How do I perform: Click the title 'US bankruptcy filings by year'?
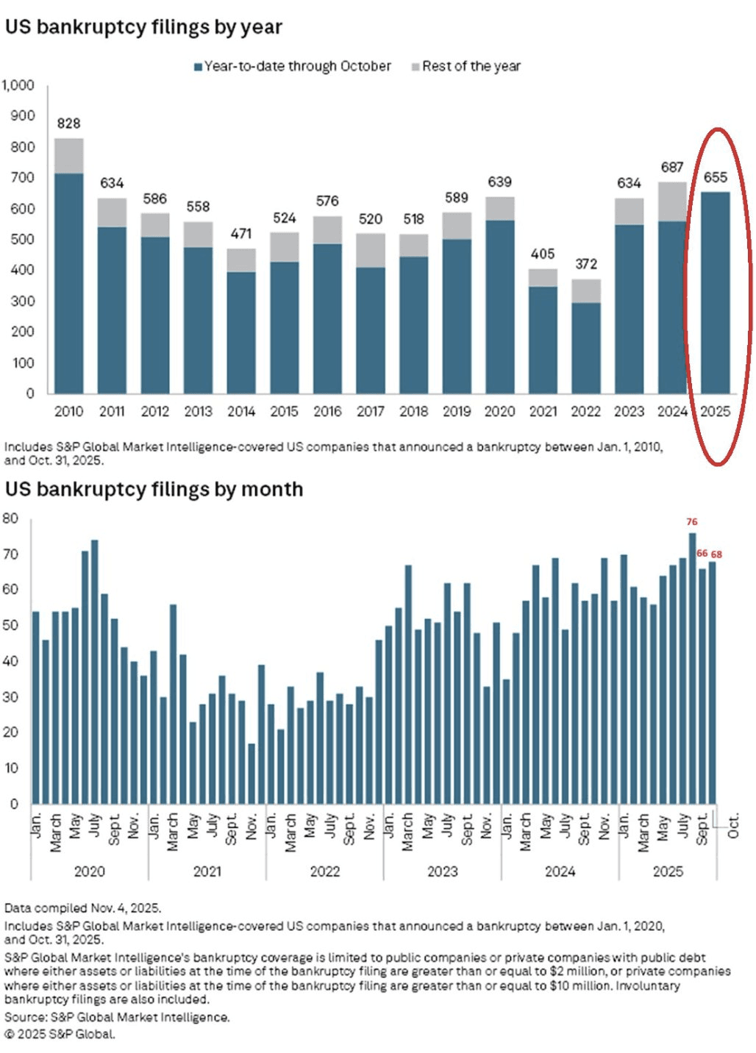coord(143,27)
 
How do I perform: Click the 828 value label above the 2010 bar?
coord(68,124)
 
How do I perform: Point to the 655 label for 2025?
coord(715,177)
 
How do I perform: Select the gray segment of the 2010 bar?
coord(68,155)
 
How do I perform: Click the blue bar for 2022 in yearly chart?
coord(586,347)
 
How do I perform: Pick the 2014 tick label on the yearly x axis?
coord(241,412)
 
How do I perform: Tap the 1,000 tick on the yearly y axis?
coord(18,85)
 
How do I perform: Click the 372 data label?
coord(586,264)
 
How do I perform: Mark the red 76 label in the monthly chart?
coord(692,522)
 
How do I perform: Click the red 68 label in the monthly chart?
coord(716,554)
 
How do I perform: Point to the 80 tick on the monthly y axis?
coord(10,518)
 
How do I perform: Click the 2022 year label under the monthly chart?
coord(325,871)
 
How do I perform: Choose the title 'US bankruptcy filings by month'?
coord(154,489)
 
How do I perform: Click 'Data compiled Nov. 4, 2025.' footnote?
coord(83,907)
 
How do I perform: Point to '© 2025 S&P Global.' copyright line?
coord(60,1034)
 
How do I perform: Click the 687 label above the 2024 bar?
coord(672,168)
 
